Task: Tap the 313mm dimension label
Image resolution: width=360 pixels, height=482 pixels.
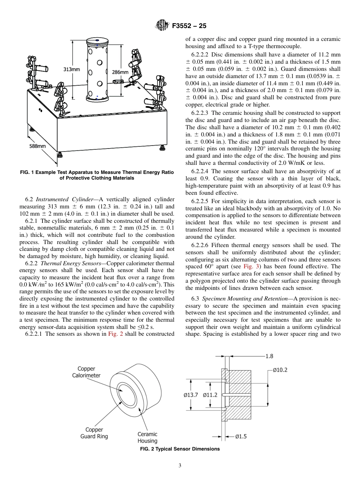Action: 71,69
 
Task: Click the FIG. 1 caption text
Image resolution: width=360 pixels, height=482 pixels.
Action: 97,175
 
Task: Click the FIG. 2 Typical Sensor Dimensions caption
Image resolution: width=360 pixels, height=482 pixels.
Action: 180,449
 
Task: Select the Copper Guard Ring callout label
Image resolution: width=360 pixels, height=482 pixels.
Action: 94,433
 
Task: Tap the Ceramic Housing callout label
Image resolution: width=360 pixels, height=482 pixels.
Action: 147,437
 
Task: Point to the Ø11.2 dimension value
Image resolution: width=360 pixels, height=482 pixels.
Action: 210,395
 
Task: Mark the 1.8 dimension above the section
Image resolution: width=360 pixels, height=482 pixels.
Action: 269,356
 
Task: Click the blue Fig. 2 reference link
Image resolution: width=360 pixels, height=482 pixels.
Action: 116,334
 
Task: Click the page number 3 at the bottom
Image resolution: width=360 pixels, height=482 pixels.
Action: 180,466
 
